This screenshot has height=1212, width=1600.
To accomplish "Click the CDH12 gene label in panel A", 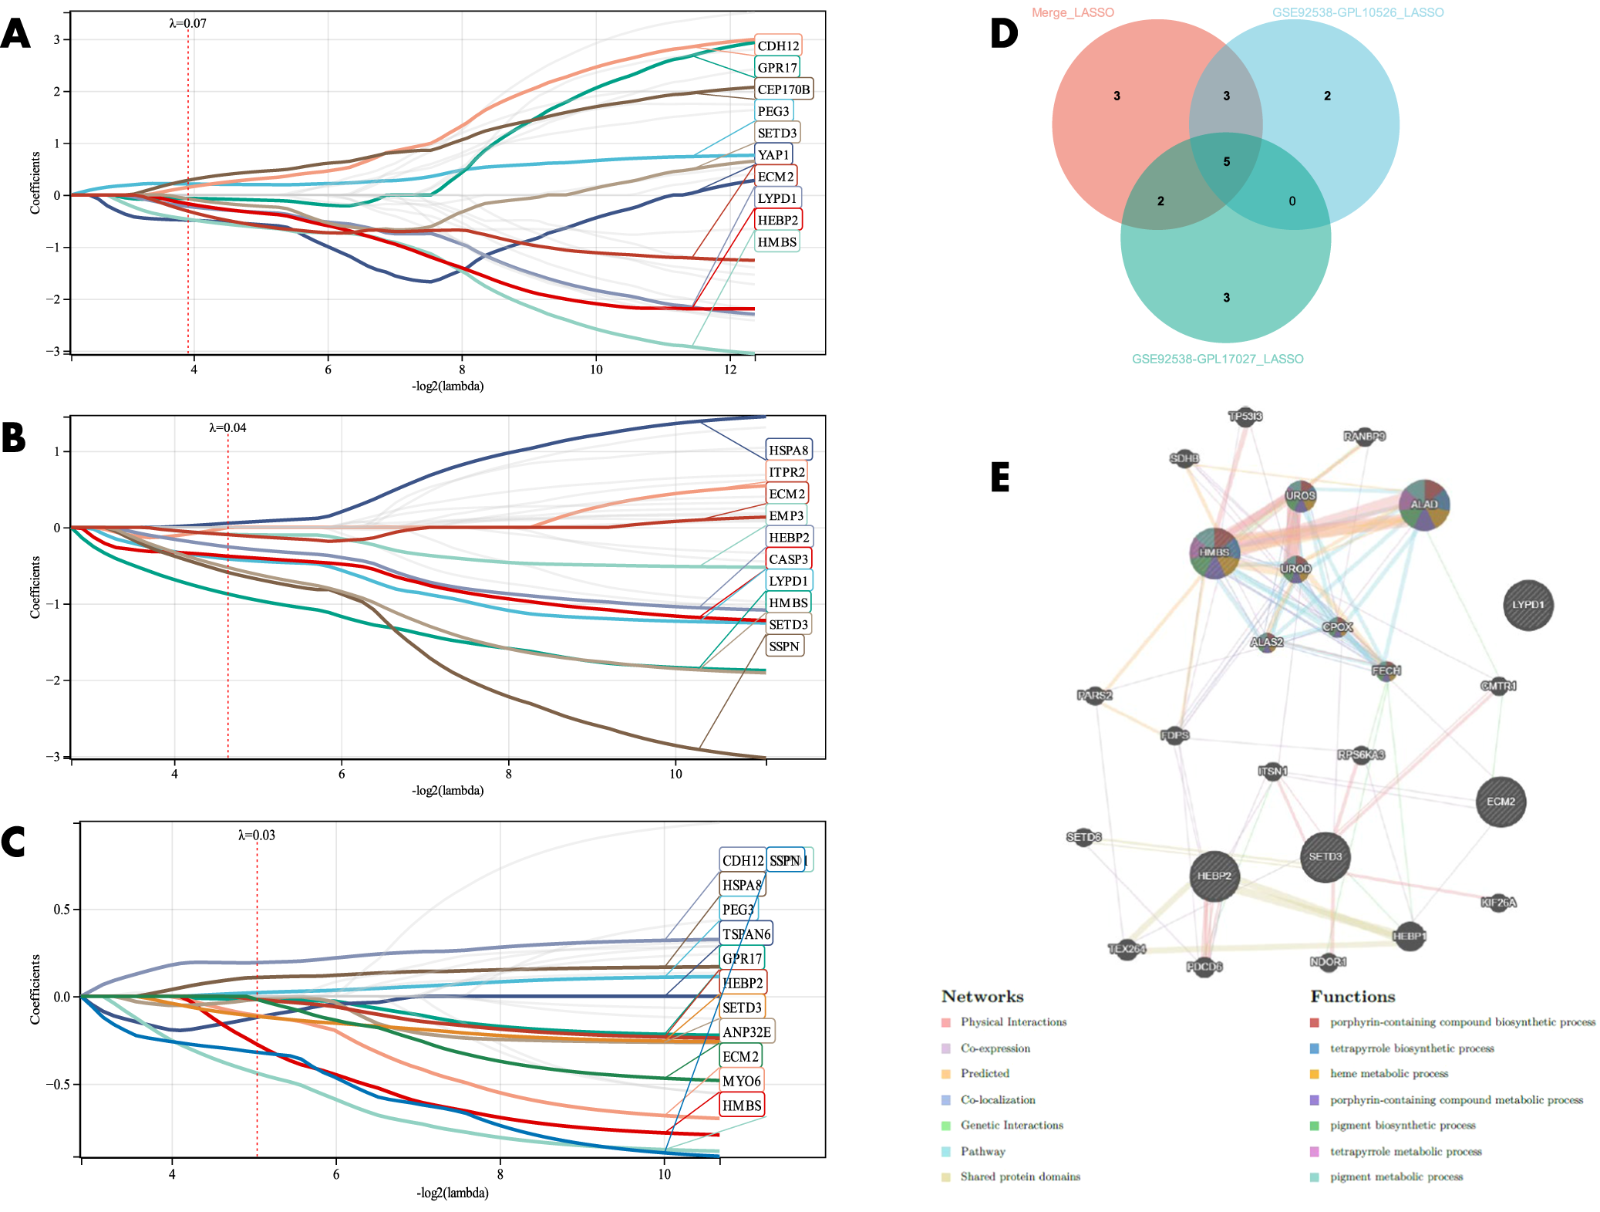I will pos(777,46).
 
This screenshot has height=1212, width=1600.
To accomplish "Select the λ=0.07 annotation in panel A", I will pos(187,23).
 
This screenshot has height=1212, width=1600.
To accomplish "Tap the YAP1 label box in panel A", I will pos(773,154).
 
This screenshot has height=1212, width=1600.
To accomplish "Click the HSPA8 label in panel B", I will pos(788,450).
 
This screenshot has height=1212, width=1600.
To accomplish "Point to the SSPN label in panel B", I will pos(783,646).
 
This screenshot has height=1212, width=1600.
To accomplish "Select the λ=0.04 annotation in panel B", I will pos(227,427).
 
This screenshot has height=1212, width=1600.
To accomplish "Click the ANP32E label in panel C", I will pos(746,1031).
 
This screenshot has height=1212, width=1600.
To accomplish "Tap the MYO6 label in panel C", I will pos(741,1081).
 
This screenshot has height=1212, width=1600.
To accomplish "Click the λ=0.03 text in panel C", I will pos(256,835).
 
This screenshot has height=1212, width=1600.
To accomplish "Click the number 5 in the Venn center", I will pos(1226,161).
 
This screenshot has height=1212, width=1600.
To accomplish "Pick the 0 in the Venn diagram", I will pos(1292,201).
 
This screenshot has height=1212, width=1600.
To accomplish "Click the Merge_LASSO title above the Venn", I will pos(1073,12).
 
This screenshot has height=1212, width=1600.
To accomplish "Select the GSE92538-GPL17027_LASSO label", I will pos(1217,359).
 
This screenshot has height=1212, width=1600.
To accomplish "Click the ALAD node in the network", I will pos(1423,505).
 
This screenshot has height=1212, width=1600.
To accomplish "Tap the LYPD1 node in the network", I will pos(1528,605).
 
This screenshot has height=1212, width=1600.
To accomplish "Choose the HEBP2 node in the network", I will pos(1214,876).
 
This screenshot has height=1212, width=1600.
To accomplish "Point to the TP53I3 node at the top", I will pos(1245,417).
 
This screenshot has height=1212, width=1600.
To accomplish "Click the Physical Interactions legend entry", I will pos(1012,1021).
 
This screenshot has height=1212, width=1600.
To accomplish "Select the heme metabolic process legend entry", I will pos(1388,1073).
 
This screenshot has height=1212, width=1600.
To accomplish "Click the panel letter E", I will pos(1000,477).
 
